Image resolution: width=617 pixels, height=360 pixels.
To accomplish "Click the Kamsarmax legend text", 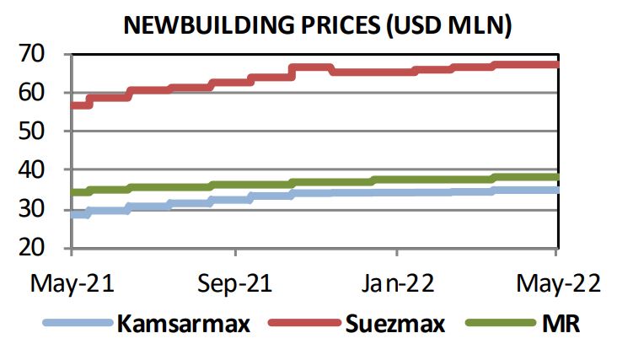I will tap(184, 323).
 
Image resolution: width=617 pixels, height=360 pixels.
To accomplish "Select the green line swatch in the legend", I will tap(498, 323).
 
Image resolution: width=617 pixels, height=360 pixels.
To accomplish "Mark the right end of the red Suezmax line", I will tap(556, 64).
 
